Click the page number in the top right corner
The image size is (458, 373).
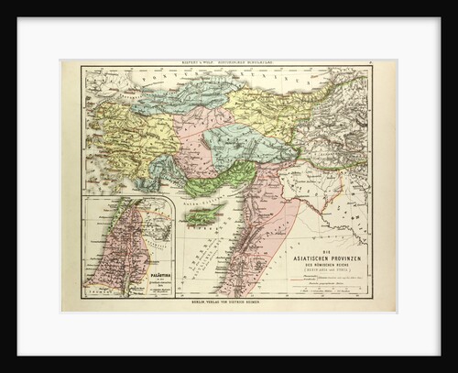[389, 63]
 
